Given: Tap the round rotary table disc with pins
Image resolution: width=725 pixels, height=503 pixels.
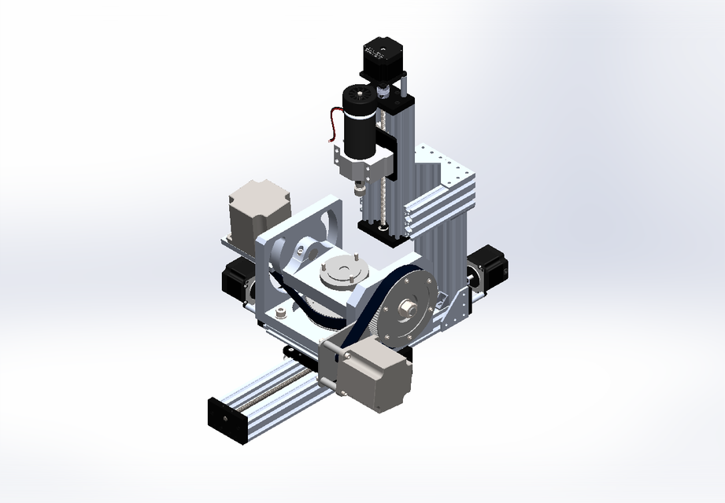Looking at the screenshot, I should (344, 272).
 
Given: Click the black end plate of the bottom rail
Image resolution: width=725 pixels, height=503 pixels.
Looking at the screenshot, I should (225, 420).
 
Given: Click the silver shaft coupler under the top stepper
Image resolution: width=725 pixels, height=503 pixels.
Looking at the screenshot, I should (383, 93).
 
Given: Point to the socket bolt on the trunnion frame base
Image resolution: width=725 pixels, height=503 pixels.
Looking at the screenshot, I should (279, 313).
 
